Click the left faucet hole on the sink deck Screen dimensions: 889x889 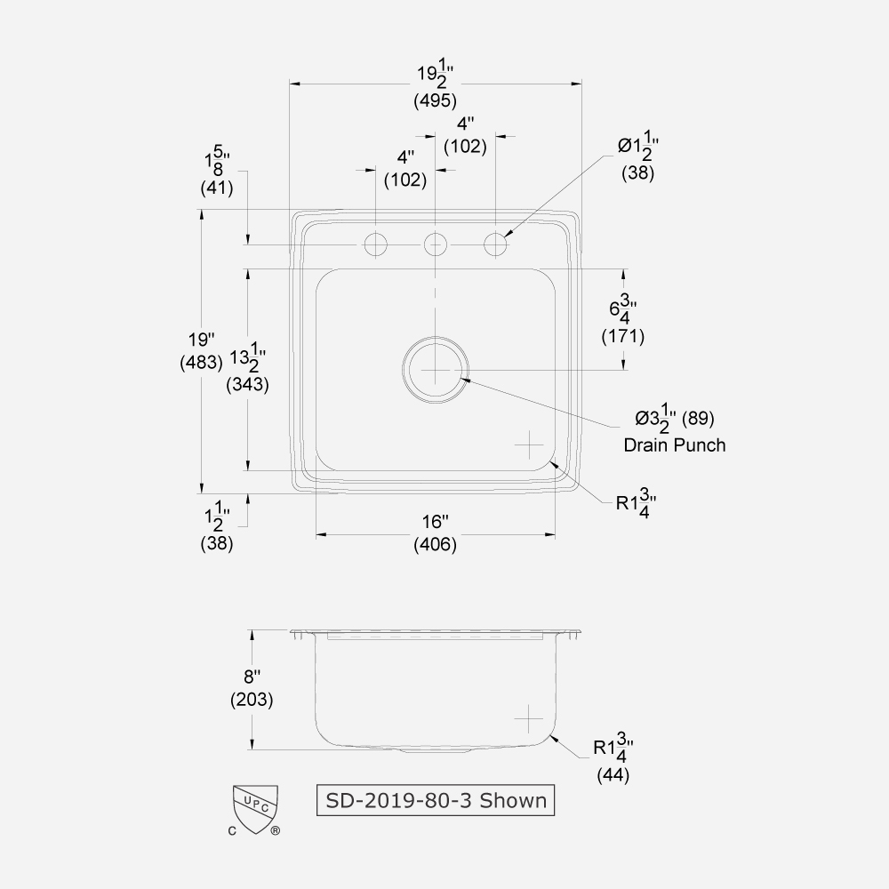376,243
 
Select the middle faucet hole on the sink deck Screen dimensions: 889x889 435,243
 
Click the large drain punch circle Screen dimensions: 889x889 435,369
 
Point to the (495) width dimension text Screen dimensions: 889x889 435,100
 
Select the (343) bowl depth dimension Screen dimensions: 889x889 248,384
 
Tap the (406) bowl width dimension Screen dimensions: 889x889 435,545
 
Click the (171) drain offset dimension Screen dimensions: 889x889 622,336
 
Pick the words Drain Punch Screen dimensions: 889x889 674,444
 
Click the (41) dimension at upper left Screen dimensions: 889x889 217,188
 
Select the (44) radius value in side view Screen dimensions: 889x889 613,774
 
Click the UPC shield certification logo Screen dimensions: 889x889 255,808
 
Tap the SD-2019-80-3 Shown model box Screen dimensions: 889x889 436,800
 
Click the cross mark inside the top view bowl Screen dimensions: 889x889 529,443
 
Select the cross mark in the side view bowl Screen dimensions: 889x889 529,717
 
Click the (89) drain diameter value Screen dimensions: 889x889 698,417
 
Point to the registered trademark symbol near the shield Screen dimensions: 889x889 276,831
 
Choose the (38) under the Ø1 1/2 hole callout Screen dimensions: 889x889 637,174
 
